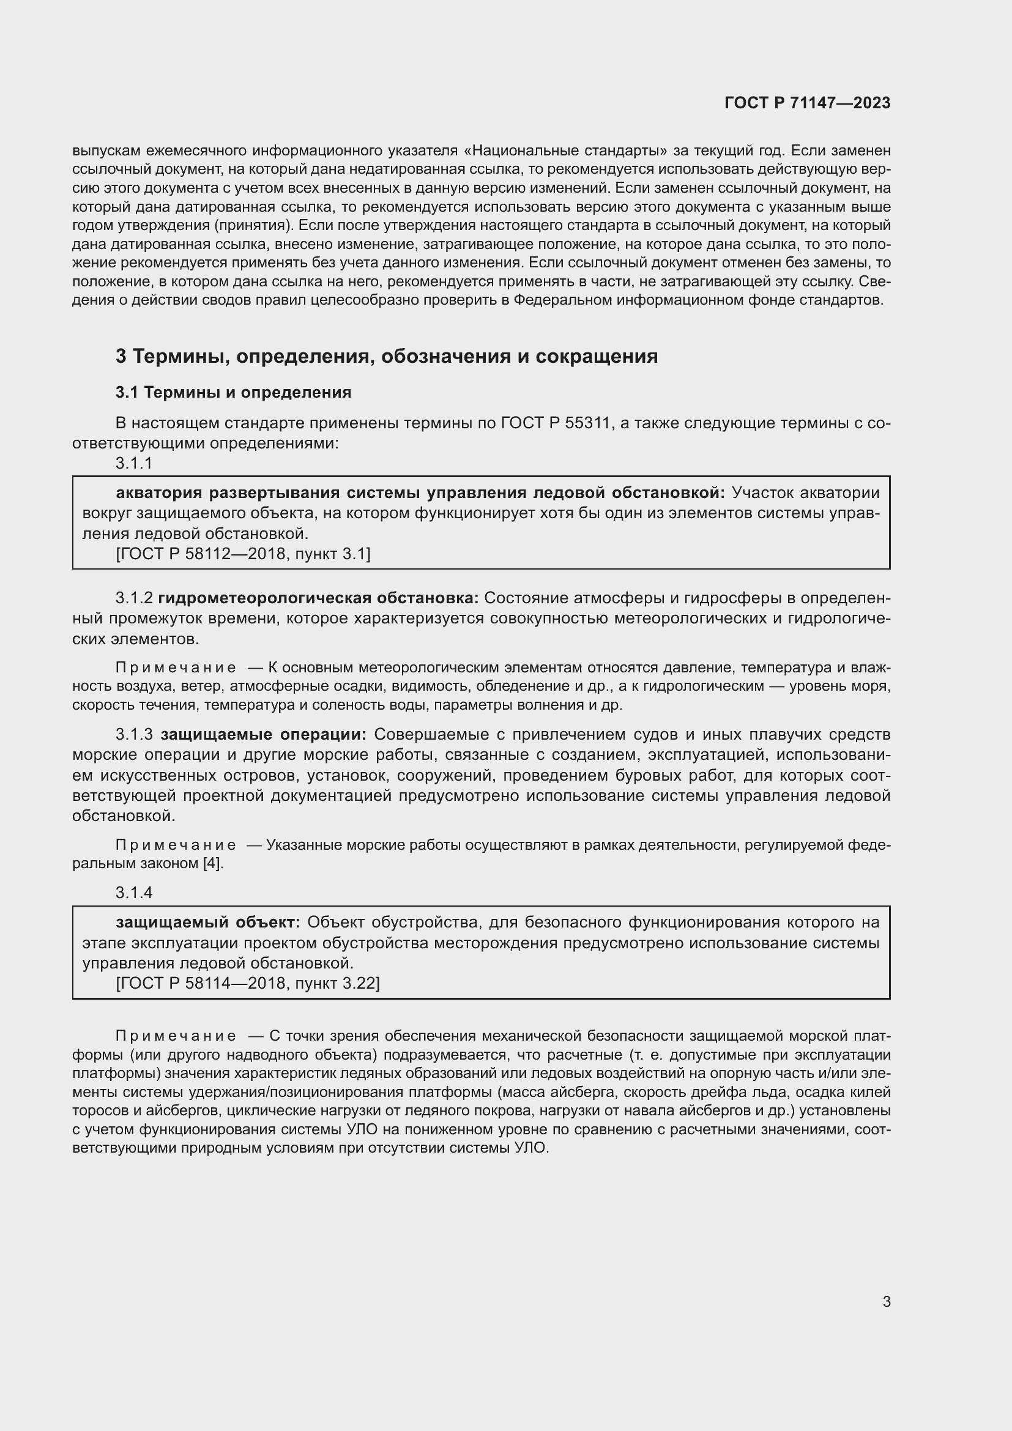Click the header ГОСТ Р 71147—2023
(x=807, y=103)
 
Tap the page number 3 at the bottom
(x=886, y=1302)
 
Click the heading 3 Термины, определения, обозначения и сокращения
(x=386, y=357)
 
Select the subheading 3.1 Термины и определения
(x=233, y=393)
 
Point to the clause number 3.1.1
(x=134, y=463)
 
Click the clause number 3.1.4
(x=134, y=893)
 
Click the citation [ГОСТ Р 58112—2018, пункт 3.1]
(x=243, y=554)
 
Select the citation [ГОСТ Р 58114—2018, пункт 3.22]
(x=247, y=983)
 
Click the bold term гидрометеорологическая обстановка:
(x=318, y=598)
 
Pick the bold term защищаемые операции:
(x=263, y=734)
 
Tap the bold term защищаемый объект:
(x=208, y=922)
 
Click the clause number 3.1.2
(x=134, y=598)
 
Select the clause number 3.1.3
(x=134, y=734)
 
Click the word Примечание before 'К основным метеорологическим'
(x=176, y=667)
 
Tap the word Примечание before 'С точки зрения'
(x=176, y=1036)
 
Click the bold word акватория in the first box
(x=159, y=492)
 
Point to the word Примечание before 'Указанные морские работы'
(x=176, y=845)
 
